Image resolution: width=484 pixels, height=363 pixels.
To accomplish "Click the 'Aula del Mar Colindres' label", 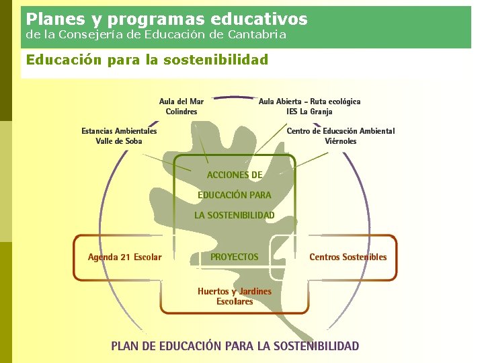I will coord(182,106).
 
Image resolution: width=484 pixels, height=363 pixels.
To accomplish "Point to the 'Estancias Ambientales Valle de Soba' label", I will coord(119,136).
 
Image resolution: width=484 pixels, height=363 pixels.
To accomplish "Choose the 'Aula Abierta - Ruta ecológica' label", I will coord(309,102).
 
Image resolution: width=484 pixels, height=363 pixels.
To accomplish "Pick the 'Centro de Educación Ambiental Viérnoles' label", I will coord(341,136).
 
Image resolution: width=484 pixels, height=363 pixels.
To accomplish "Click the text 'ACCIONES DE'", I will coord(235,175).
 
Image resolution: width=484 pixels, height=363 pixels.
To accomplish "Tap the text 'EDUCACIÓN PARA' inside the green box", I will coord(235,195).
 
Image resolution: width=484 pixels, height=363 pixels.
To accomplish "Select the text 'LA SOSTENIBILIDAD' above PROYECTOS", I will coord(235,215).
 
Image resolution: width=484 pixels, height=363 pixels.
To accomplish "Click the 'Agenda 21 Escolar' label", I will coord(124,257).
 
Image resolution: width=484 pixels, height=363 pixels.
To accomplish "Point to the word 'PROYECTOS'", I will coord(234,257).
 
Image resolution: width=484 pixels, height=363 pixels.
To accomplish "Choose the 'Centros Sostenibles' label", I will coord(348,257).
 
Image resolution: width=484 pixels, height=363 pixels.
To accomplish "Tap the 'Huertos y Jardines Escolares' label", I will coord(235,296).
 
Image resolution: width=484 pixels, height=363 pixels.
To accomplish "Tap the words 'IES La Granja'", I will coord(309,112).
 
